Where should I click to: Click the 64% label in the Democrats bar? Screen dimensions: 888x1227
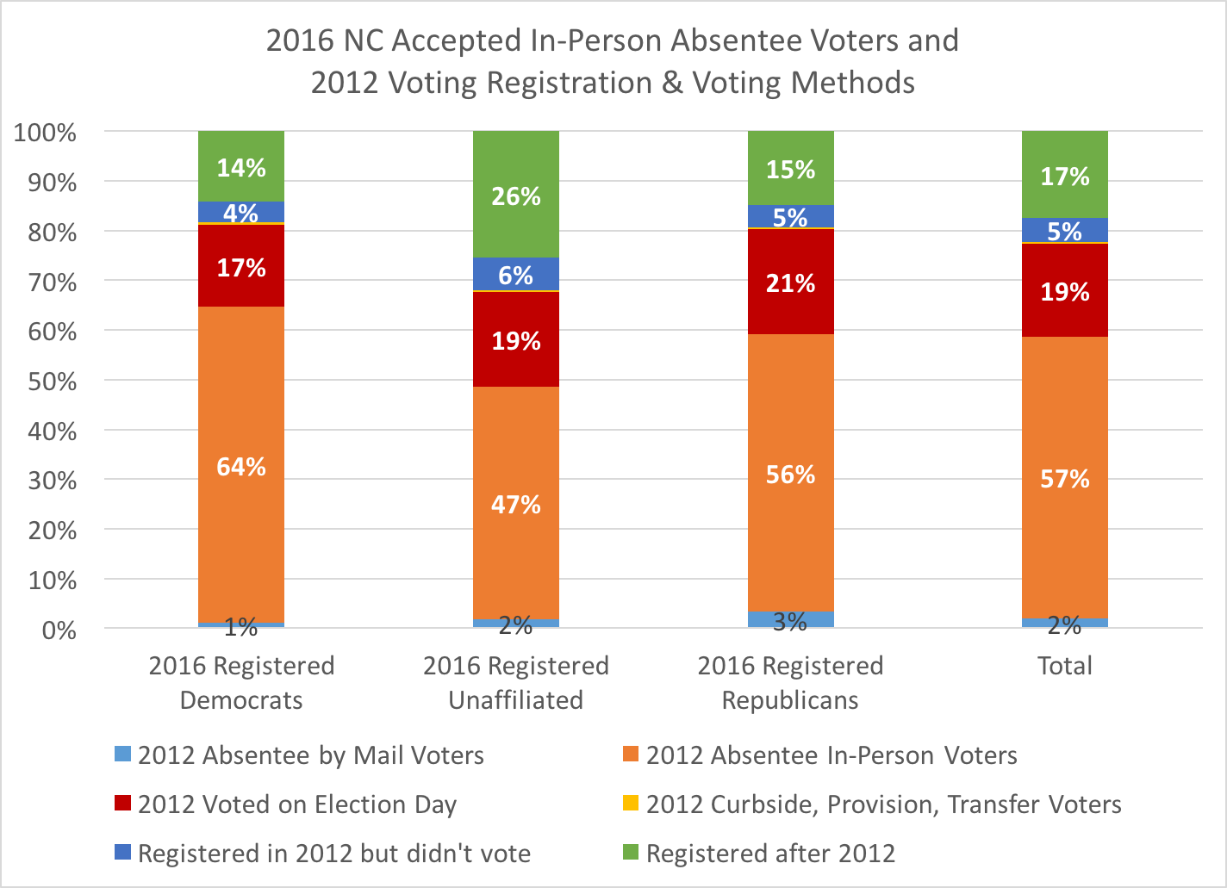[x=241, y=467]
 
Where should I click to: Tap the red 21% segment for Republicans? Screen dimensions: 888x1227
[x=790, y=283]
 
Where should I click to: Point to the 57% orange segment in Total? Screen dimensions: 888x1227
[x=1064, y=478]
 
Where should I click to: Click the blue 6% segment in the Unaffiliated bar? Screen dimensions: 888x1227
[x=516, y=275]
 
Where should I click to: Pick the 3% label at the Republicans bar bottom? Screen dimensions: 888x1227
[x=790, y=621]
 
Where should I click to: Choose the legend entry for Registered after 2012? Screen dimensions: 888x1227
[x=769, y=853]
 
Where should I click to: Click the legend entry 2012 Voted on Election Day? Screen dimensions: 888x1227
[x=296, y=804]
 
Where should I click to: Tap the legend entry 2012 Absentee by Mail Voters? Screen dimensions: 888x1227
[x=310, y=755]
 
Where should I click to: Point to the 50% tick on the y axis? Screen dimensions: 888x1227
[x=53, y=381]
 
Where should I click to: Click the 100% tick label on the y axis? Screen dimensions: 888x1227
[x=46, y=133]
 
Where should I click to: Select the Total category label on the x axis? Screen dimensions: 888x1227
[x=1064, y=665]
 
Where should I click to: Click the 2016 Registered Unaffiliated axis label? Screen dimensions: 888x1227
[x=516, y=682]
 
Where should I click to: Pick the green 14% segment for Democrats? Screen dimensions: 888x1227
[x=241, y=166]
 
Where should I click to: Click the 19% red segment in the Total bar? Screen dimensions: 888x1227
[x=1064, y=291]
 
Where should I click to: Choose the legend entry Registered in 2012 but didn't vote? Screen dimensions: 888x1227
[x=333, y=853]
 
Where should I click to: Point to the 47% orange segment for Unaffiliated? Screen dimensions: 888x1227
[x=516, y=504]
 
